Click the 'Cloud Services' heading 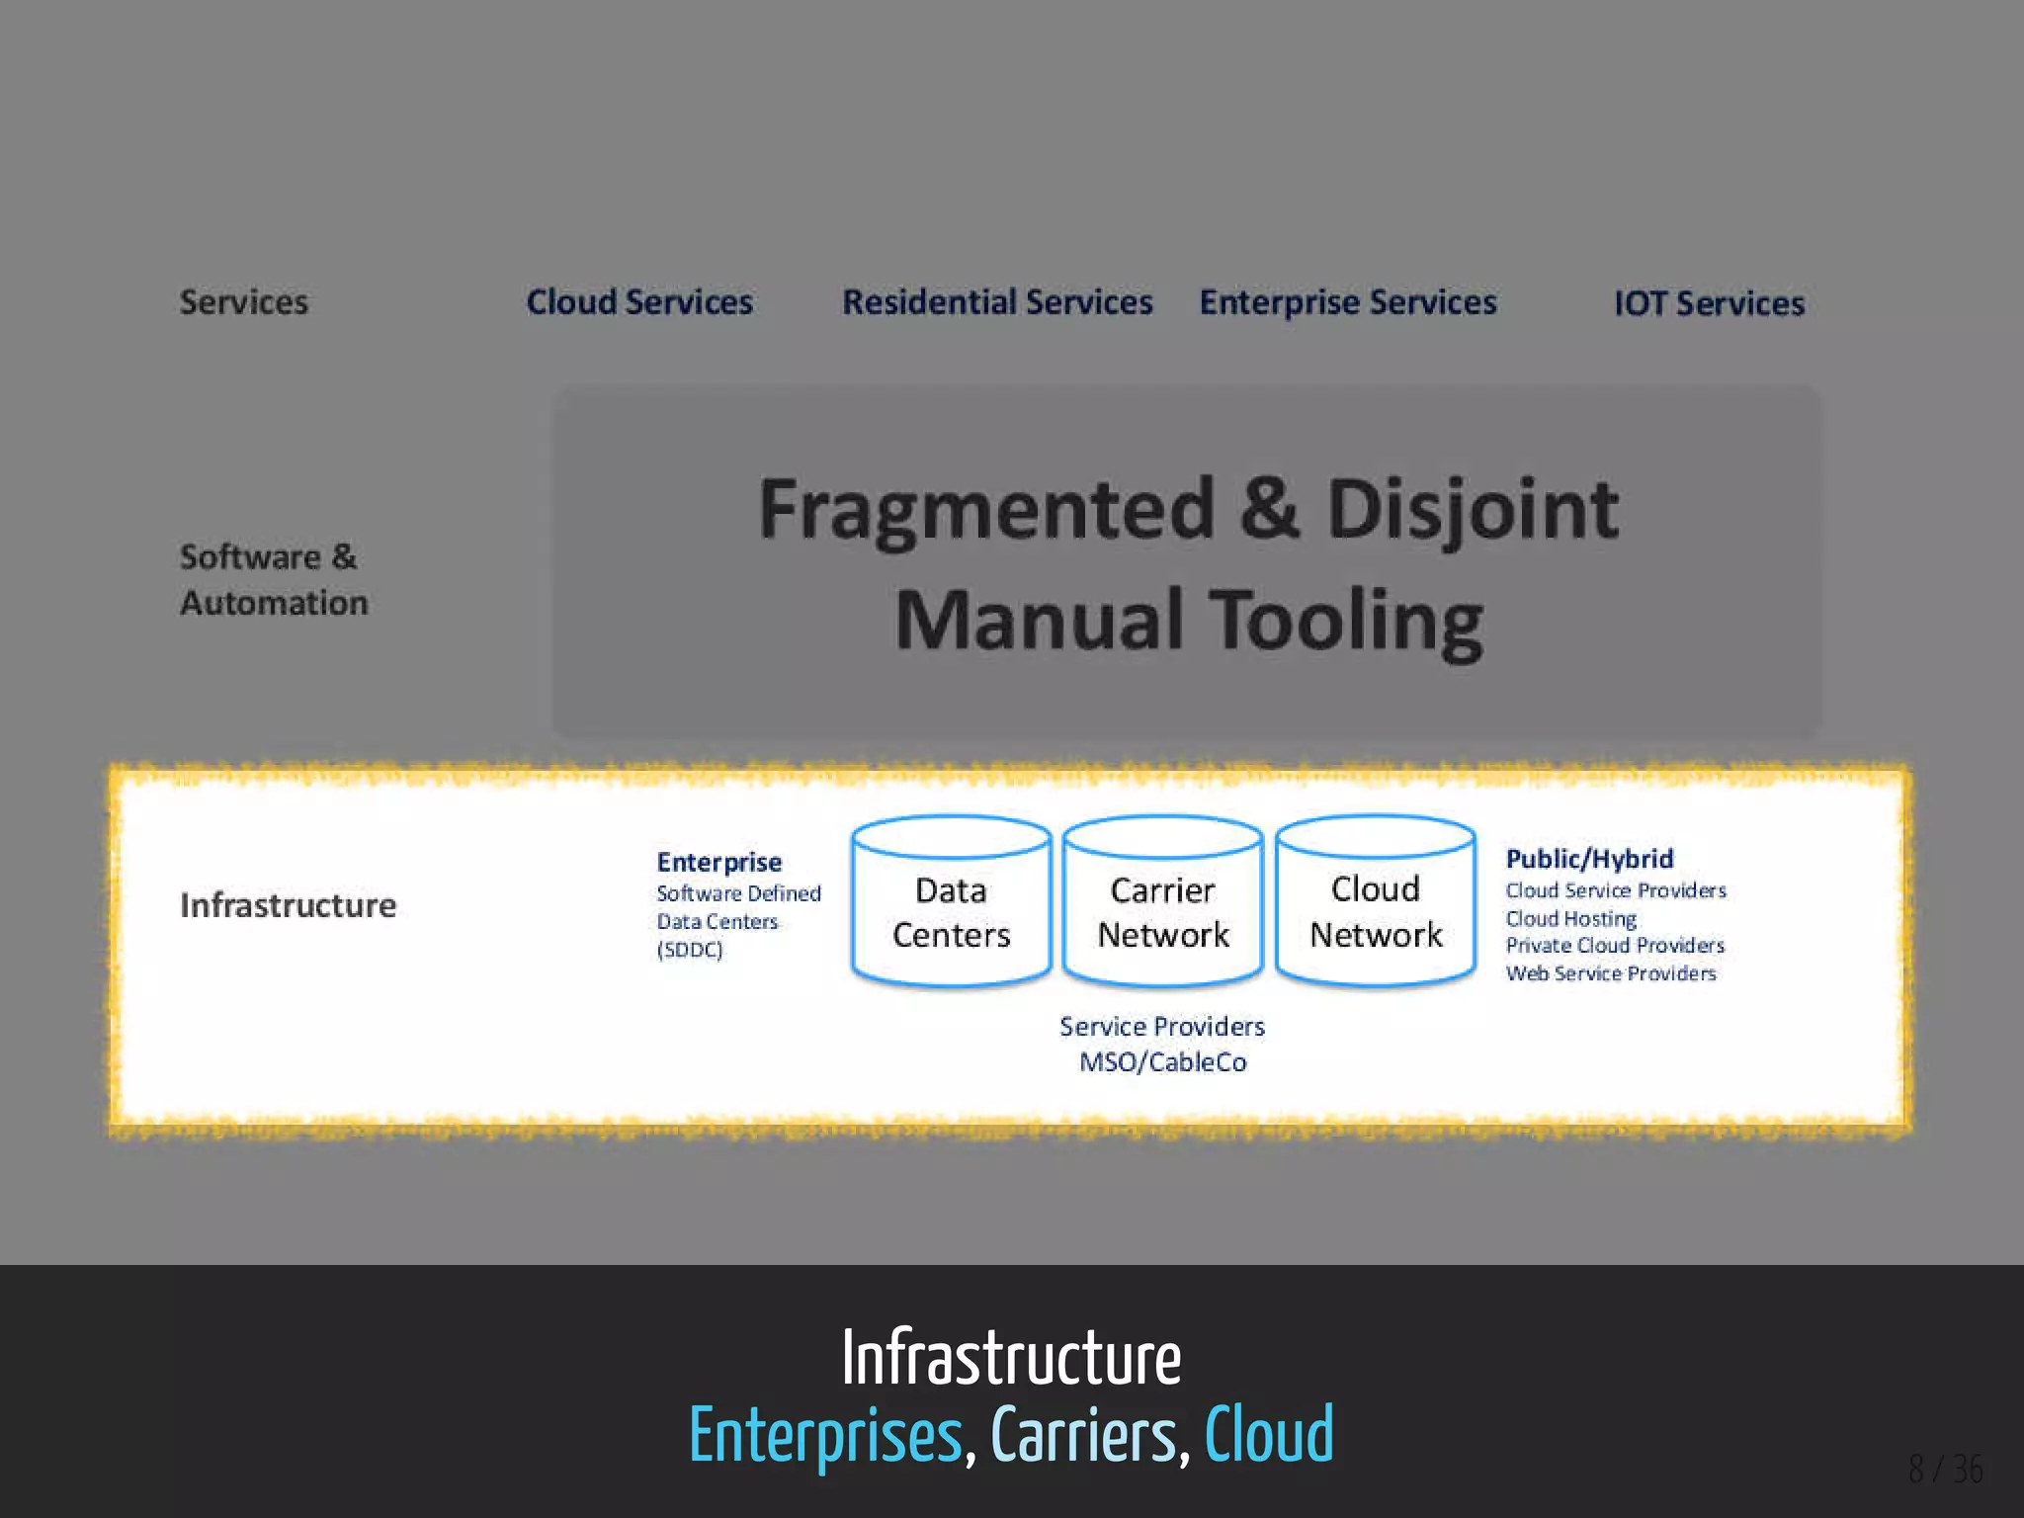coord(639,302)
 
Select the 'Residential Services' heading coord(997,302)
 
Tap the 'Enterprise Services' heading coord(1348,302)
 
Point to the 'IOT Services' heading coord(1709,303)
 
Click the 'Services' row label coord(244,302)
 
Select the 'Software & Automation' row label coord(274,580)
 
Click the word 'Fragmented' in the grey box coord(986,510)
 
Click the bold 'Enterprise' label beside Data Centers coord(719,862)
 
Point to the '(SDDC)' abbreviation coord(690,950)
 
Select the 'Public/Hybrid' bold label coord(1589,859)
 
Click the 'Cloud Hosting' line coord(1570,918)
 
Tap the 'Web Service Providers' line coord(1611,973)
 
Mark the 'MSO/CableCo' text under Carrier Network coord(1163,1062)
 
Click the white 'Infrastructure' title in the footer coord(1011,1359)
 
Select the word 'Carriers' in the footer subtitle coord(1083,1435)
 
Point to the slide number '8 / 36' coord(1945,1470)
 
